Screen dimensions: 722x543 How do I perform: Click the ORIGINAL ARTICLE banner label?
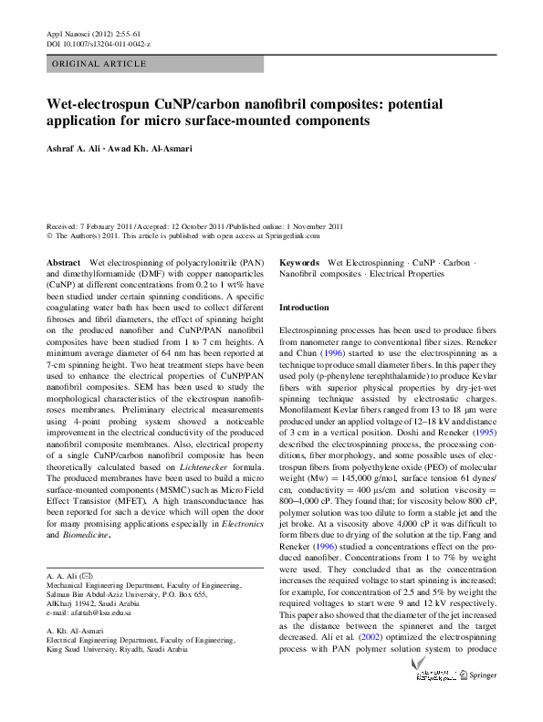(x=99, y=64)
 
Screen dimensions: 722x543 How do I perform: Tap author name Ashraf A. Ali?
(x=77, y=151)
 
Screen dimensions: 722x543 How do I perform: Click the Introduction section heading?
(x=304, y=309)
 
